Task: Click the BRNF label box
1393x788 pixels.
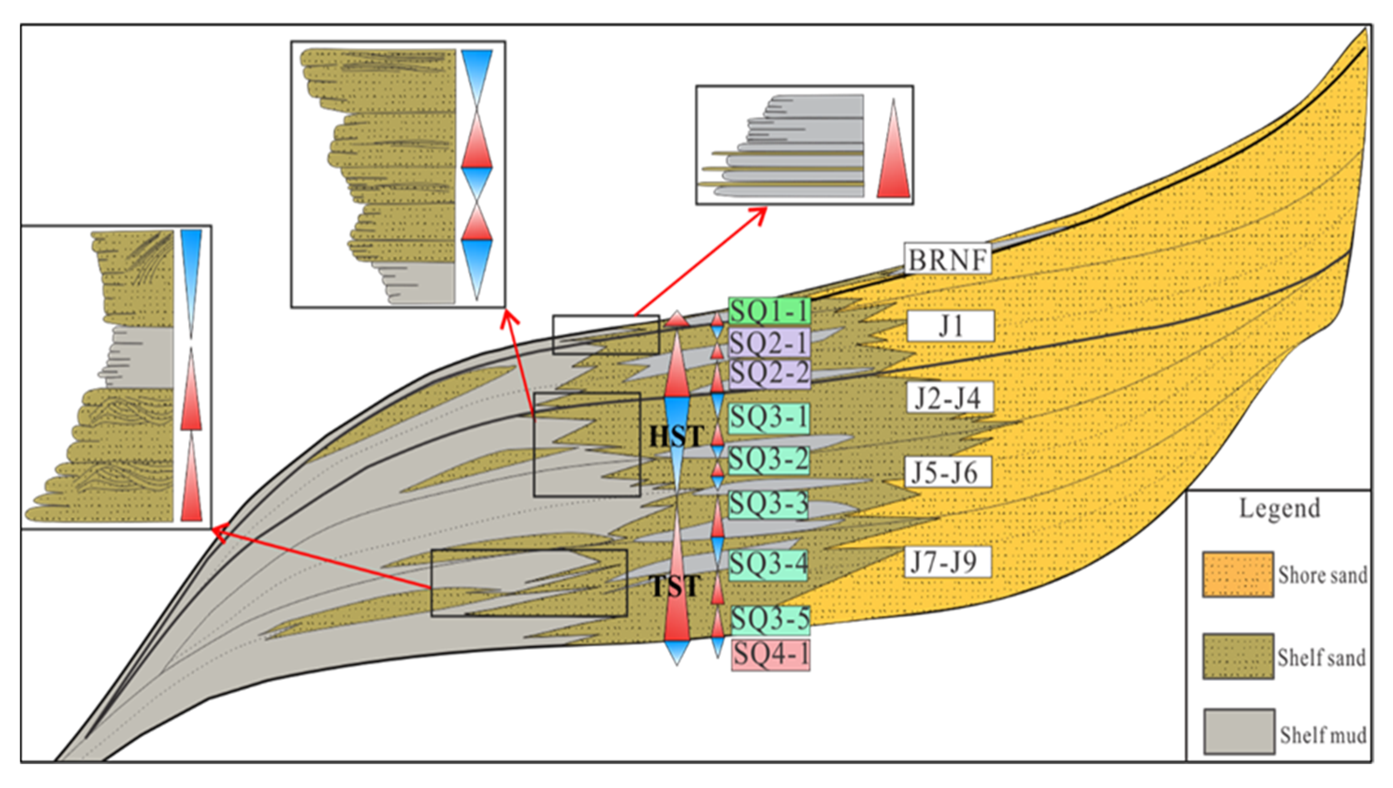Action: [947, 259]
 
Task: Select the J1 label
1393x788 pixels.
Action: [950, 326]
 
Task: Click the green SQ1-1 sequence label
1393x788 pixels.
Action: [769, 311]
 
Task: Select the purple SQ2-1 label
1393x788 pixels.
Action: [769, 342]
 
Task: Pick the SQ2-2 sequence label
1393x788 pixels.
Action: [769, 373]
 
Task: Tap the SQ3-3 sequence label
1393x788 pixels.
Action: [768, 504]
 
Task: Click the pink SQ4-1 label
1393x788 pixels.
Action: [771, 655]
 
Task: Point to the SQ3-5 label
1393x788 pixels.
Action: [770, 620]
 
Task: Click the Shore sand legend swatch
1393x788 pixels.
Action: [1238, 574]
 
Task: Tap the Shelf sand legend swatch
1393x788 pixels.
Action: [1238, 657]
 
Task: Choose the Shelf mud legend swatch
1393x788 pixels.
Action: [1239, 731]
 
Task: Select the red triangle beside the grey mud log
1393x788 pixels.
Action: [893, 149]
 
